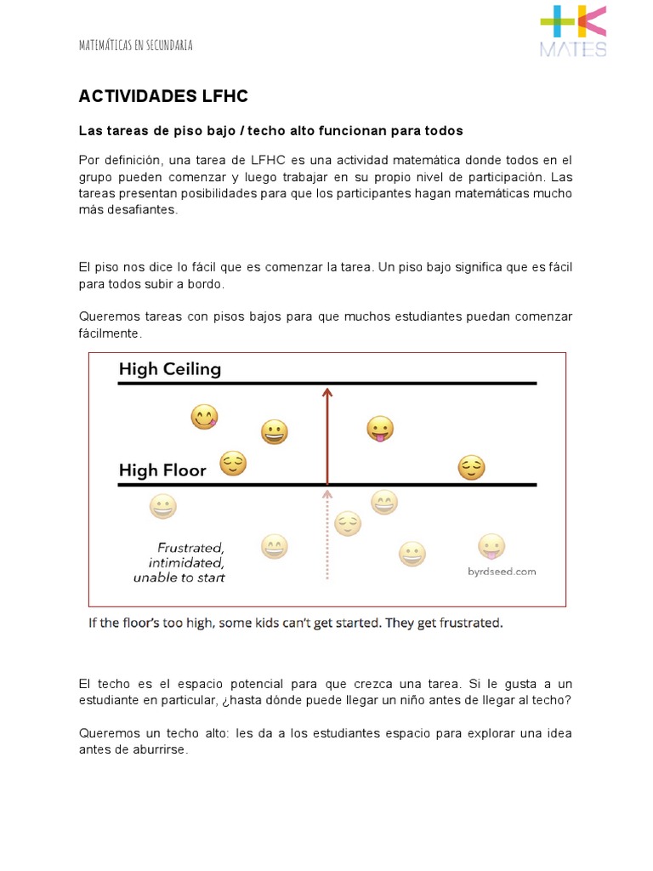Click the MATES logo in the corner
[x=573, y=31]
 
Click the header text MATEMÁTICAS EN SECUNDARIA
[x=136, y=45]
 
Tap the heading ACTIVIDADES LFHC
[x=163, y=96]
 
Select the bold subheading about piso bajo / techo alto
[x=270, y=131]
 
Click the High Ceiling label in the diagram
[x=170, y=369]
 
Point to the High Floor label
[x=162, y=470]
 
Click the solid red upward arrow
[x=326, y=434]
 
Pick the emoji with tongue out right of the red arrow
[x=379, y=429]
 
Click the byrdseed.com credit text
[x=502, y=572]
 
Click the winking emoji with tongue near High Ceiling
[x=204, y=417]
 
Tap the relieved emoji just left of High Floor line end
[x=471, y=467]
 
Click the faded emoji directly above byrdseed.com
[x=491, y=546]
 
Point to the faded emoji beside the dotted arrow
[x=348, y=523]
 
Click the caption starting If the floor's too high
[x=296, y=623]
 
